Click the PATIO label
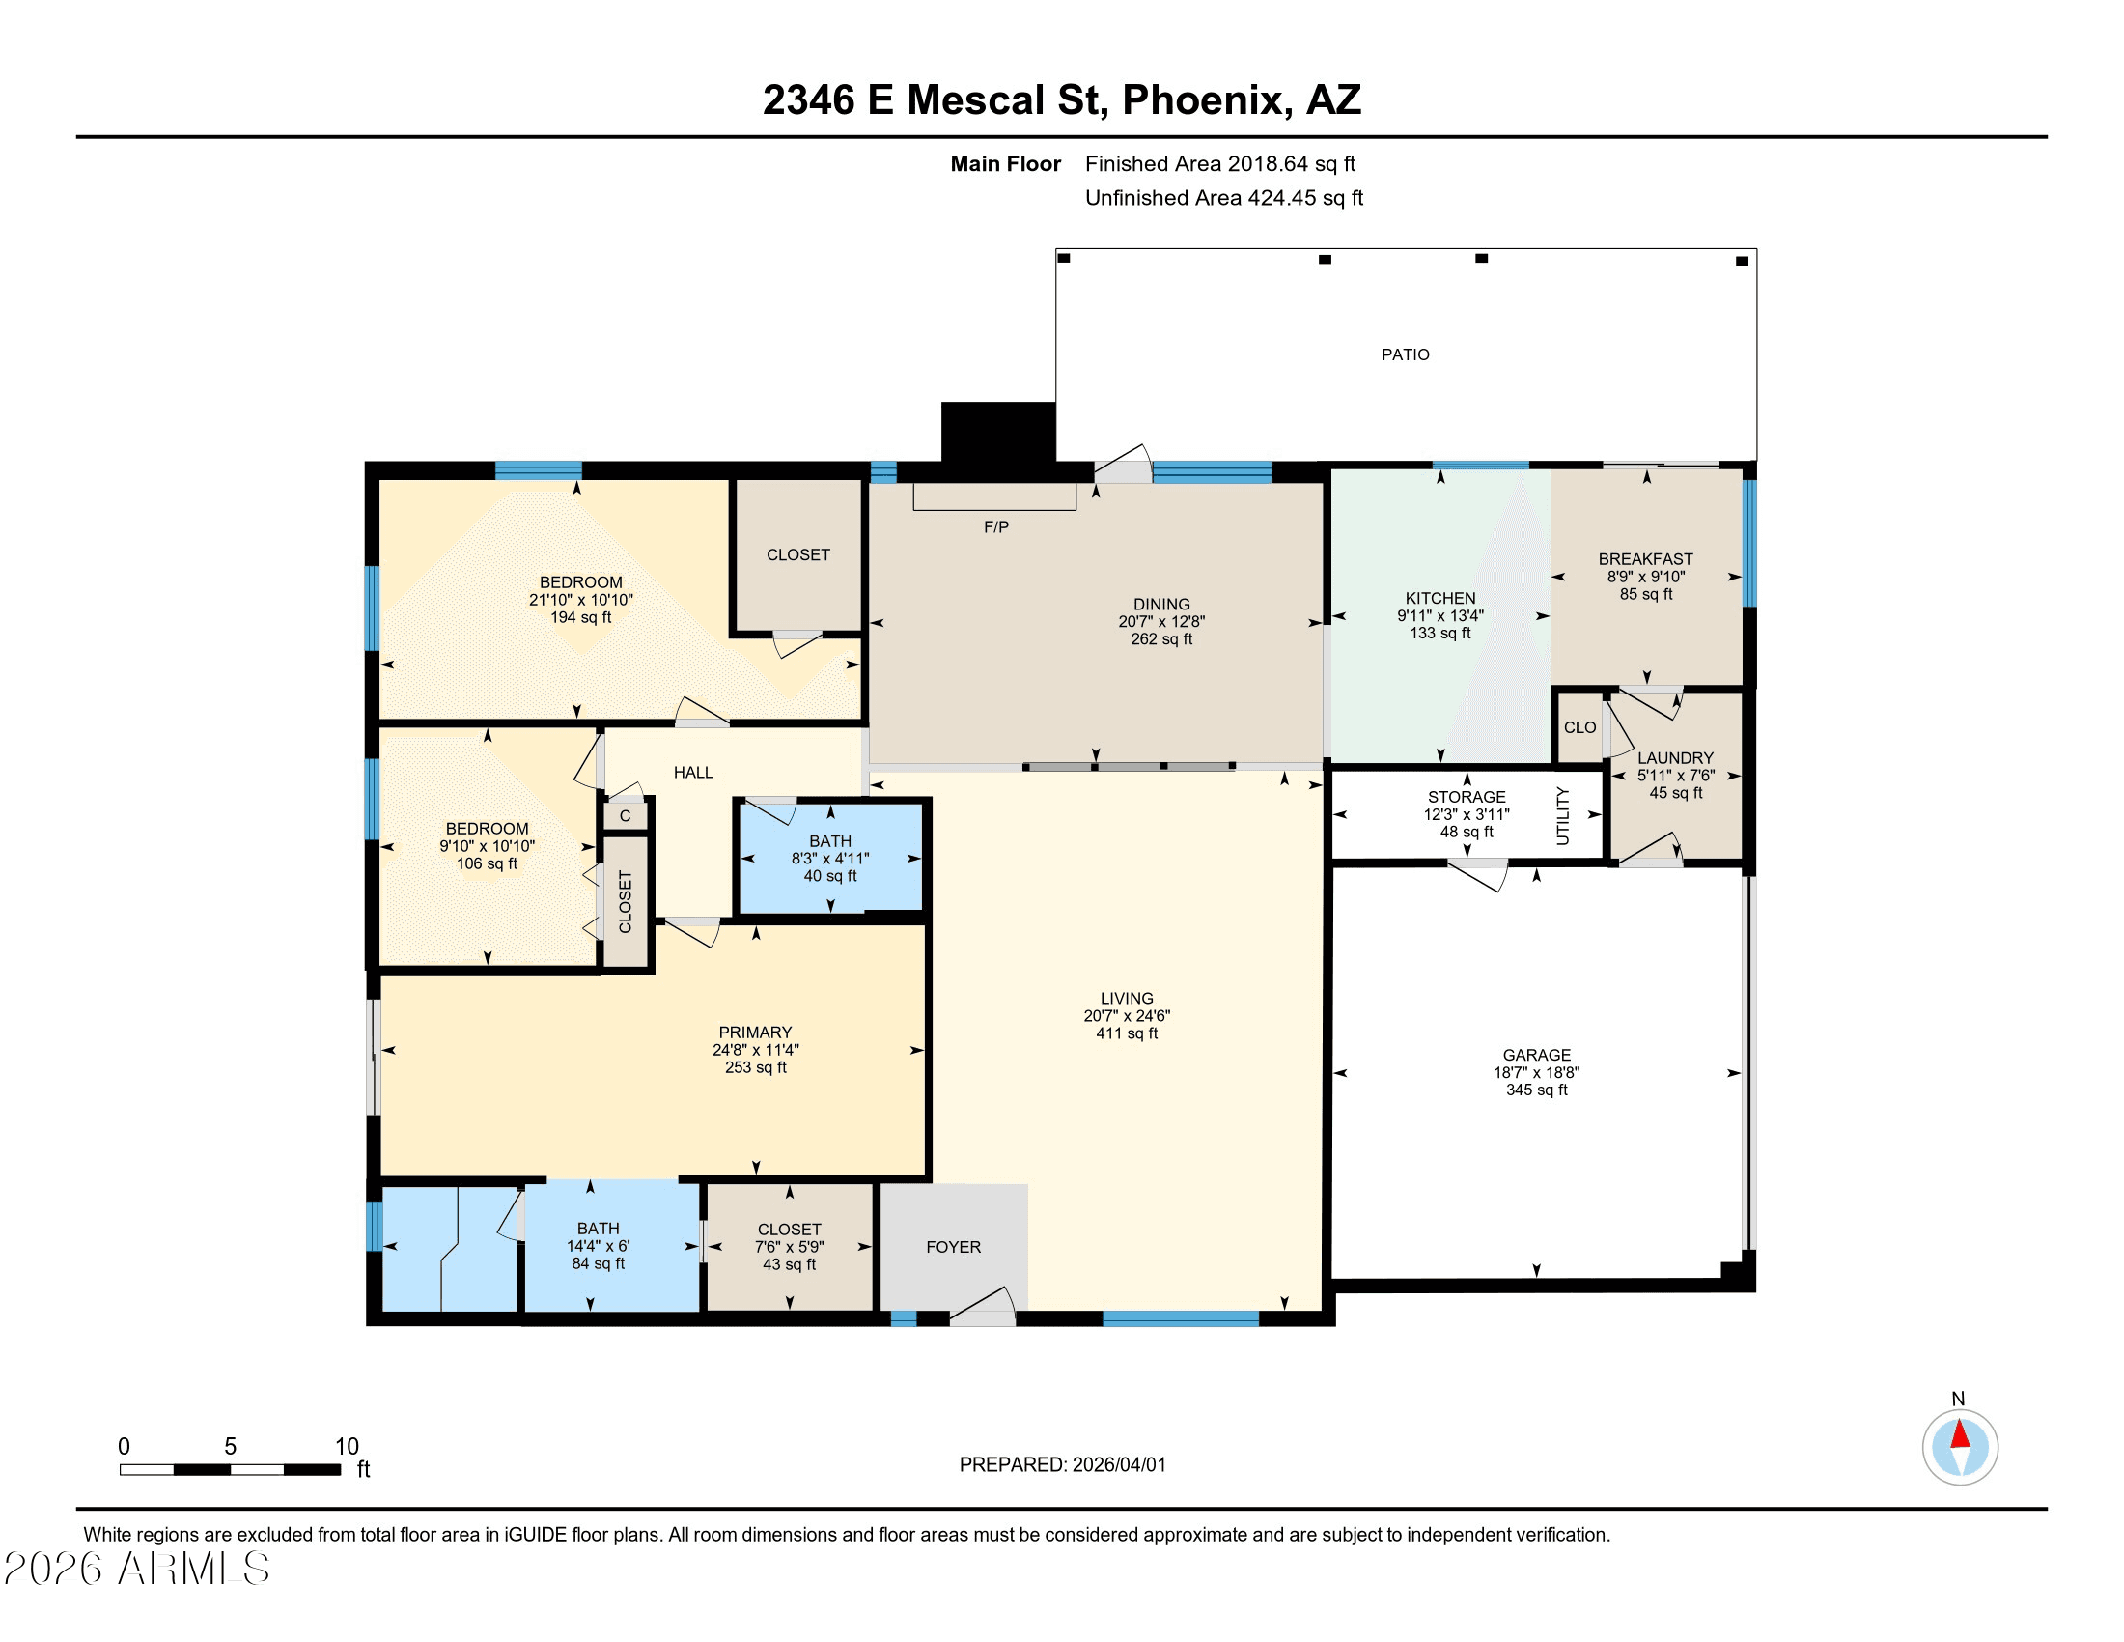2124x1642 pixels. [1406, 355]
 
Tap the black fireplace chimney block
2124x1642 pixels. [998, 432]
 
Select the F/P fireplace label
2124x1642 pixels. [996, 527]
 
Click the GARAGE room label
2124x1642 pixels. [1537, 1056]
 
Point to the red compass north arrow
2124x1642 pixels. [1960, 1433]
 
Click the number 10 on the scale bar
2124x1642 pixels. [348, 1447]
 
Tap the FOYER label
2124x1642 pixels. [953, 1247]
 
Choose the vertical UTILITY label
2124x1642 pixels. [1563, 815]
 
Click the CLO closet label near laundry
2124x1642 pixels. [1580, 727]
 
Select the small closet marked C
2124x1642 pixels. [626, 815]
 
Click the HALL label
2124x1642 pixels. [693, 773]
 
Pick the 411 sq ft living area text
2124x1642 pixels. [1127, 1033]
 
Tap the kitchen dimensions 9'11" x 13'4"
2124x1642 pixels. [1440, 616]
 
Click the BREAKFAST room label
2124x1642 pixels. [1645, 559]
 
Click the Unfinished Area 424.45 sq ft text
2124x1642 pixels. [1223, 198]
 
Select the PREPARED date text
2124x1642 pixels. [1062, 1465]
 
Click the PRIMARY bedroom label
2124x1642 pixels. [755, 1033]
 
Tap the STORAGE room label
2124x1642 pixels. [1467, 798]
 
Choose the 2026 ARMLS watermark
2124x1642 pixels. [137, 1569]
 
